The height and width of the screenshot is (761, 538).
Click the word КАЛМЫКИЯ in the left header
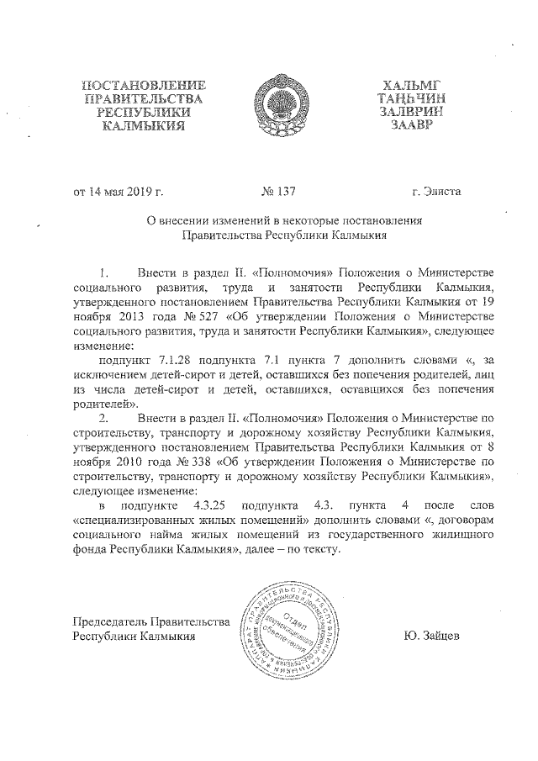point(144,126)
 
